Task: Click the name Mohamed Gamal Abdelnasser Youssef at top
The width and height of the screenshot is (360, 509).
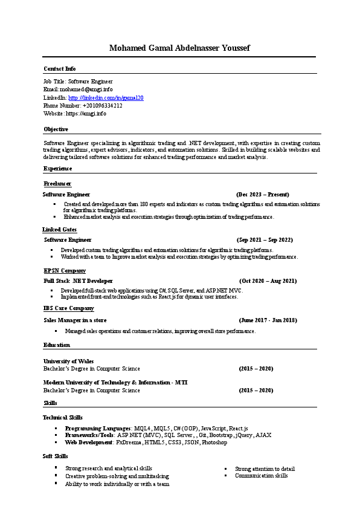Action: [179, 48]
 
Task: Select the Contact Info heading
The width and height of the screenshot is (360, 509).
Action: [59, 69]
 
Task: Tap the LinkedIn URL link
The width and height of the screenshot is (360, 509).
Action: [106, 97]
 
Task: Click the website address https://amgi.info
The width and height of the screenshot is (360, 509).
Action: [85, 114]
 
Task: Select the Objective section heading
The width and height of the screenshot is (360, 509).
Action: [56, 129]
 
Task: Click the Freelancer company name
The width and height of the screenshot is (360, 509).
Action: [57, 183]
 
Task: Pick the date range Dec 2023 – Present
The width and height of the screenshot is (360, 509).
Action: [263, 195]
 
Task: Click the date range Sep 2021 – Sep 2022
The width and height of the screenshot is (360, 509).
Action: [265, 240]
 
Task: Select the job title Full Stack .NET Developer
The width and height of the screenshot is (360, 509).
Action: [78, 281]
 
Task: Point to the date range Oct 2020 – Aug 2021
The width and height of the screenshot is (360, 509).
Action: [268, 281]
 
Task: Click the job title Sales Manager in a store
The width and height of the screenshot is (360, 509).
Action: [75, 320]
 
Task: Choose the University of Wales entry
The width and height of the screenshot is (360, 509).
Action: [68, 361]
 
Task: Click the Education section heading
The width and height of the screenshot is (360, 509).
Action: [56, 345]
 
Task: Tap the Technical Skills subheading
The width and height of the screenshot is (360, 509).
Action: [62, 418]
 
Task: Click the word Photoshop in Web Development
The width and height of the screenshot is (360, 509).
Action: [214, 443]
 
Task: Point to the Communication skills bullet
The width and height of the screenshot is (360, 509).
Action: [261, 476]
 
